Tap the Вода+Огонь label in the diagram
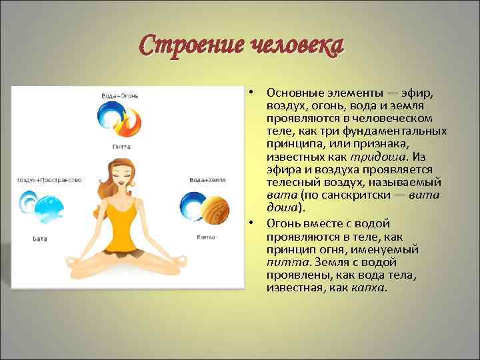120,97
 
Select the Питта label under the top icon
121,145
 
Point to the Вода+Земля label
206,180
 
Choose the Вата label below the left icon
39,237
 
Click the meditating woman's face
121,176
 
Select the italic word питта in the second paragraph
279,263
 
